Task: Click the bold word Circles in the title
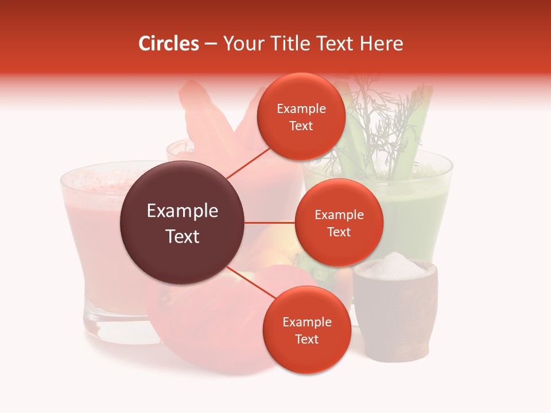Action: (168, 44)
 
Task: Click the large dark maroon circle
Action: (182, 223)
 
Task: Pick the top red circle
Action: (301, 116)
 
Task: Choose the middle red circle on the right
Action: (339, 223)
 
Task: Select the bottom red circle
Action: (306, 330)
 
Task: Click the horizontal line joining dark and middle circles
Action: (270, 223)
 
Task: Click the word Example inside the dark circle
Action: (182, 211)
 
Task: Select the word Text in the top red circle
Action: (301, 126)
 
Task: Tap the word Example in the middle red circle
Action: (339, 215)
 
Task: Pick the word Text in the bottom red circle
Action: (306, 340)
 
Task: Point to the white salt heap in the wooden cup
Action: (394, 266)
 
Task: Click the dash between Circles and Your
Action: (211, 44)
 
